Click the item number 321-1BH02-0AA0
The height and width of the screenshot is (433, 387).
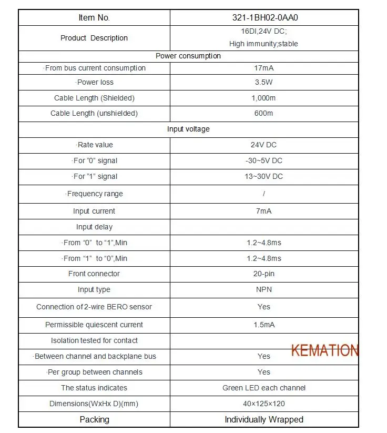264,17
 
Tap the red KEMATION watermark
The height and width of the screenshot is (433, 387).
324,350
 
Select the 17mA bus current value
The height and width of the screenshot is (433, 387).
264,68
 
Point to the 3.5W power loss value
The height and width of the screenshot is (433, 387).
264,82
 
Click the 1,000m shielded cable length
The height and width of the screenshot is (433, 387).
264,98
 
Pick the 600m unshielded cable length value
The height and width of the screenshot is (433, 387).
264,113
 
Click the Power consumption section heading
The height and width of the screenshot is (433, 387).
188,56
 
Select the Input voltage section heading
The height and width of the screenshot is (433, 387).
188,129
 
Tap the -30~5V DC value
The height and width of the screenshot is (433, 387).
264,160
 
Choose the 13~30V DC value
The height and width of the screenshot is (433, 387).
264,176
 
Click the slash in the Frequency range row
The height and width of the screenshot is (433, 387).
264,194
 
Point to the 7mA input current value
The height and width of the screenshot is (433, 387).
264,211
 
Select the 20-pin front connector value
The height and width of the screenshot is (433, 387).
264,274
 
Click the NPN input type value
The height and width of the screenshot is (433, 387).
264,289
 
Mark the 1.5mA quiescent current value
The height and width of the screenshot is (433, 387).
264,325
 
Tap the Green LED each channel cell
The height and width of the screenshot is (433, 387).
264,388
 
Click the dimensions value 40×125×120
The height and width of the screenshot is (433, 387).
264,404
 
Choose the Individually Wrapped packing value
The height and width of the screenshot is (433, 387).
264,419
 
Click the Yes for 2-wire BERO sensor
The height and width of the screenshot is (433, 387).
264,307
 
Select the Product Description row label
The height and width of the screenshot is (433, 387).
94,38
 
